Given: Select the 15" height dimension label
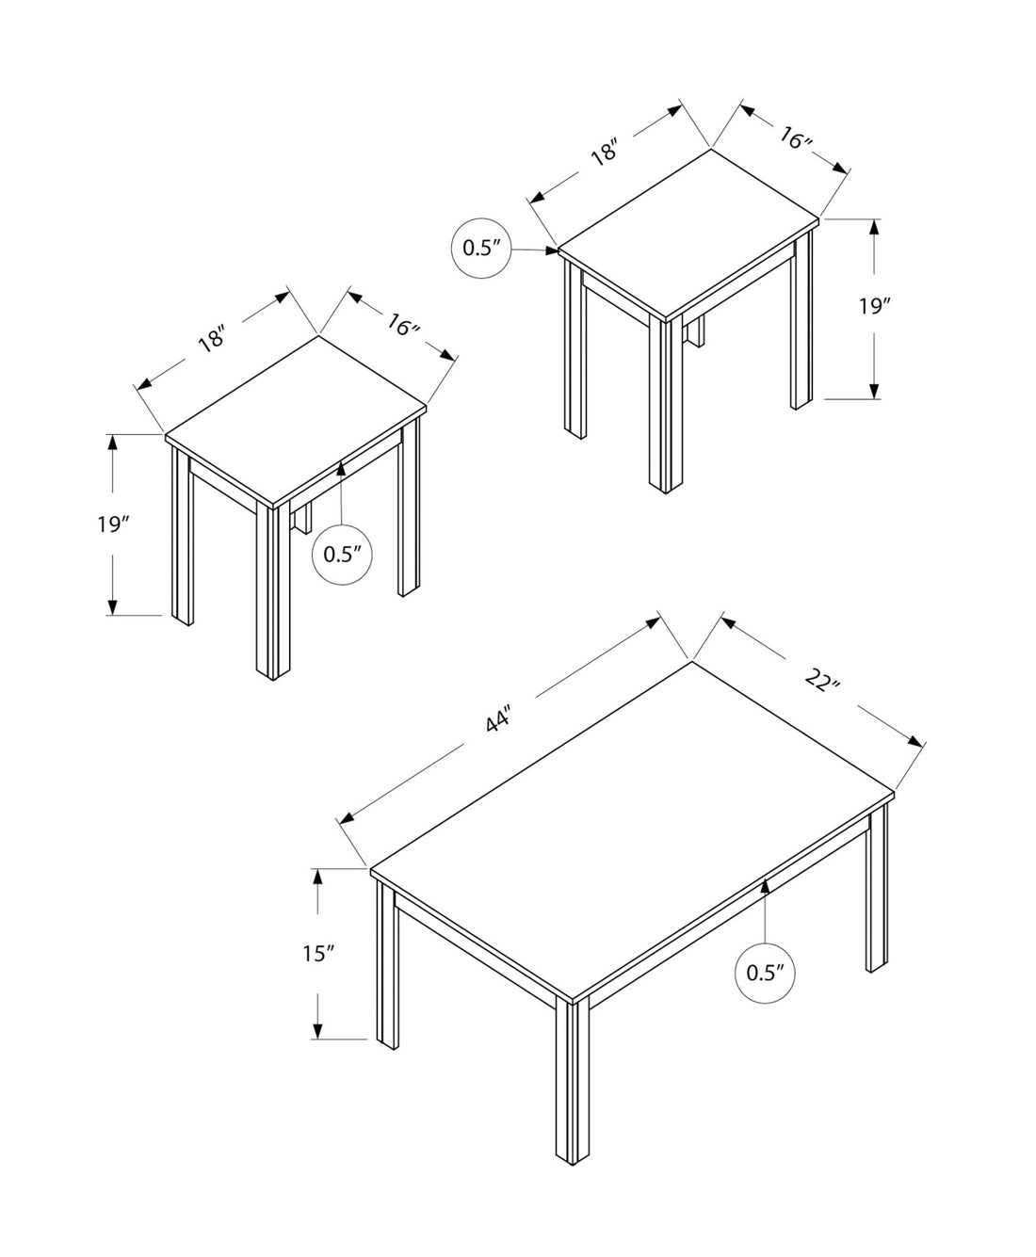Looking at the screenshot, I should pyautogui.click(x=319, y=954).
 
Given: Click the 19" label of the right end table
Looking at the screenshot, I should pyautogui.click(x=874, y=307).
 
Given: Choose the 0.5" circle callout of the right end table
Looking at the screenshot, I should pyautogui.click(x=483, y=249).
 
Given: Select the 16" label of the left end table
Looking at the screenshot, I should pyautogui.click(x=402, y=327).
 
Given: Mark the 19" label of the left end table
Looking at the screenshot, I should pyautogui.click(x=112, y=524).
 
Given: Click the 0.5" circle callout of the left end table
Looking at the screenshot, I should pyautogui.click(x=343, y=554).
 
